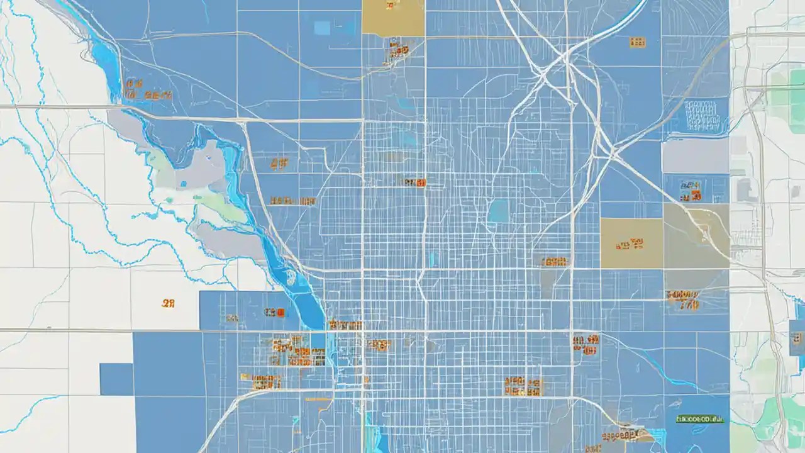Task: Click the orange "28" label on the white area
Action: tap(168, 303)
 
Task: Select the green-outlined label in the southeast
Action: tap(700, 418)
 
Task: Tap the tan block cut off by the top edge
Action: tap(393, 17)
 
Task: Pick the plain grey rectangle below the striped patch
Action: tap(694, 155)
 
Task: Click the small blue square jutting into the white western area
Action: tap(116, 379)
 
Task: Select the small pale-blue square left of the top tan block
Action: tap(322, 28)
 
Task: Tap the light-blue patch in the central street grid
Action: tap(498, 211)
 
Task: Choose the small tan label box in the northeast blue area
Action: tap(637, 42)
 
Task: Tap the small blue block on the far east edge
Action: tap(797, 337)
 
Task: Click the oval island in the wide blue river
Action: tap(290, 276)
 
